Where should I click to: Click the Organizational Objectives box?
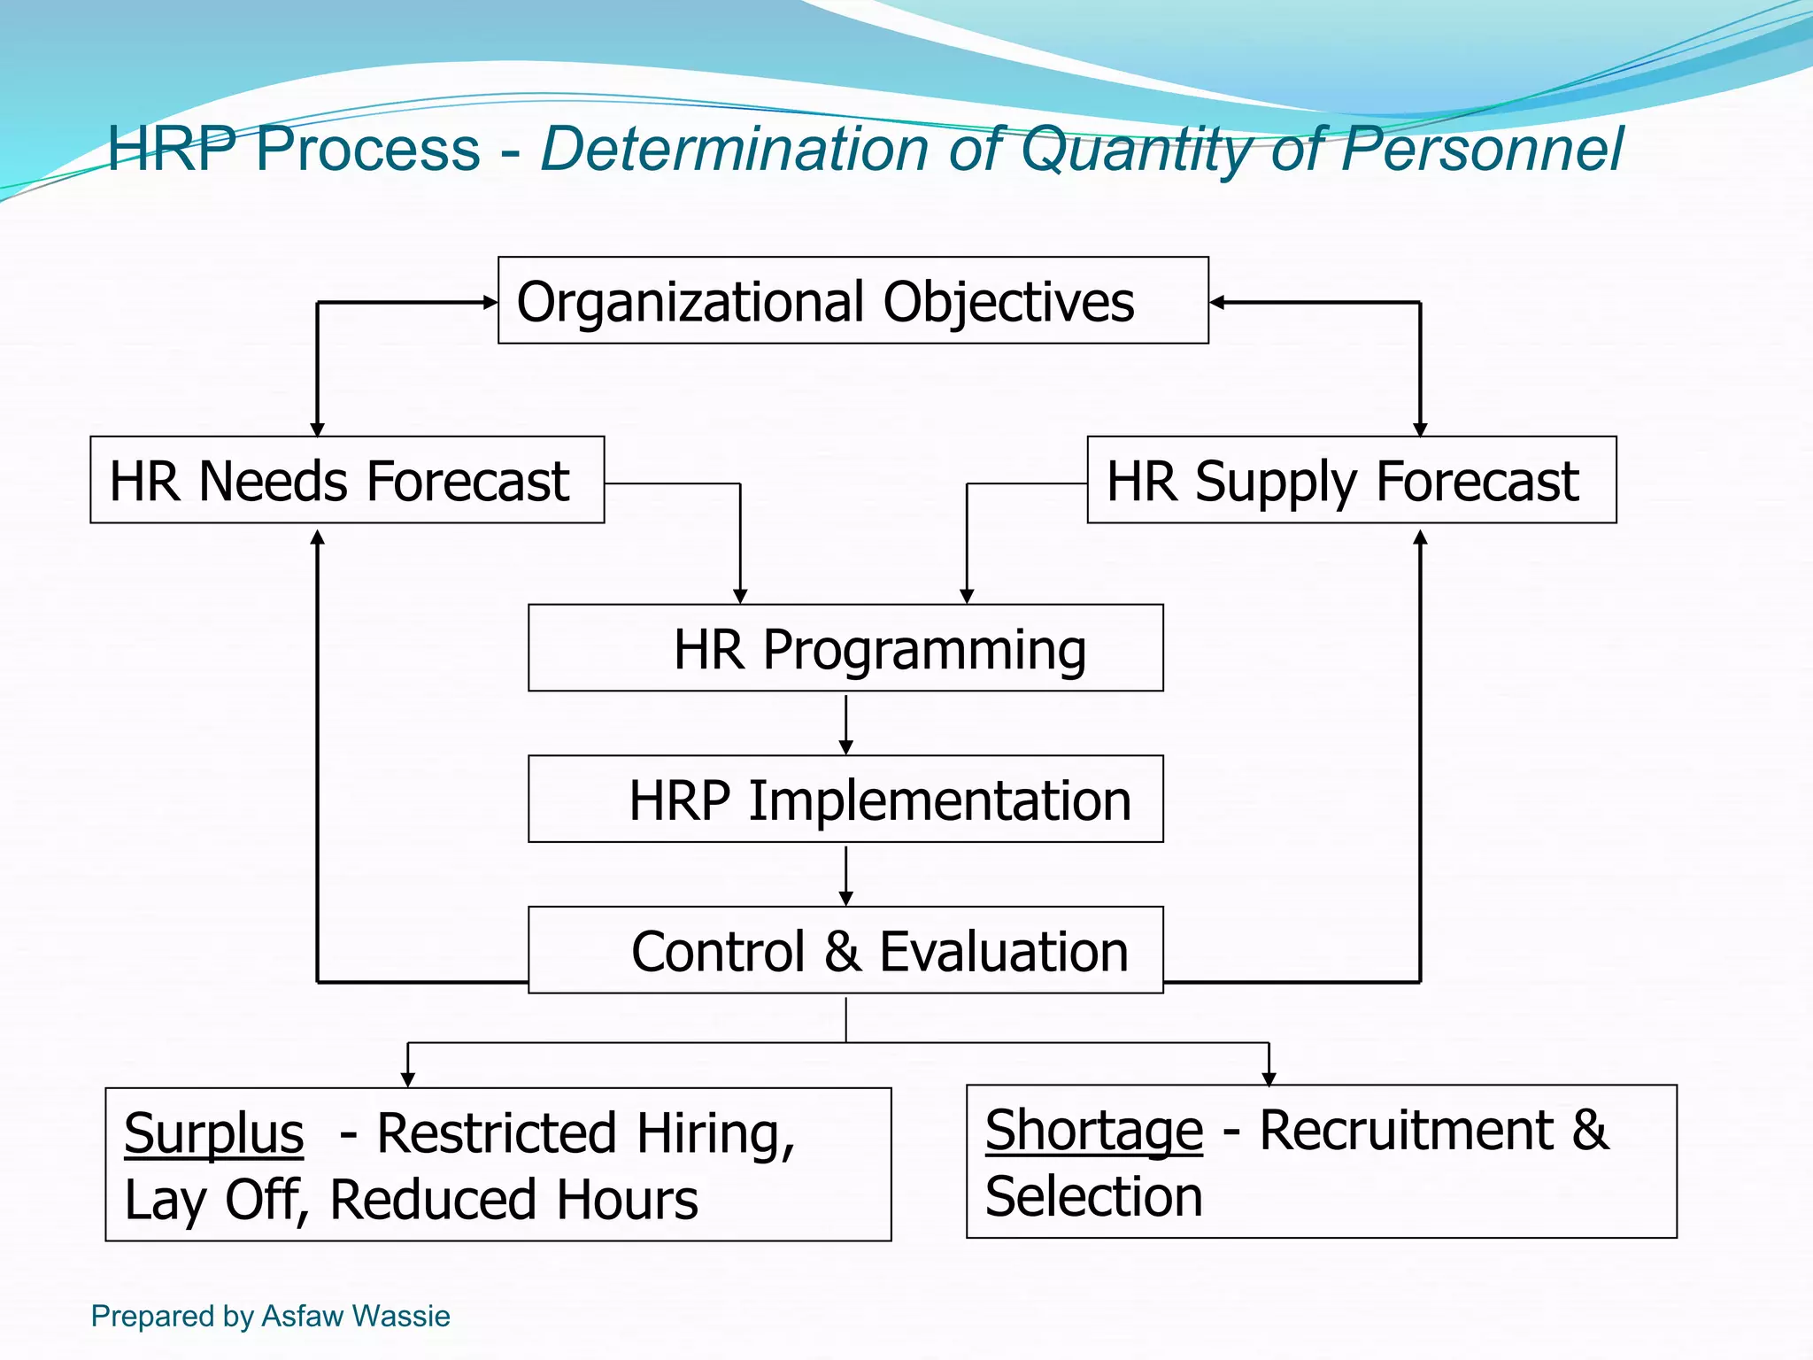[852, 301]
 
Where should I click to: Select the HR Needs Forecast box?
[347, 480]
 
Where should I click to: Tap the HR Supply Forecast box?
[1351, 480]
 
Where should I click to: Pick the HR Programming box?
[845, 648]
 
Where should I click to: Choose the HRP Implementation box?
[845, 799]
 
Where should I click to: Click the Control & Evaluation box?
[845, 950]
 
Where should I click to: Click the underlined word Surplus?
[213, 1133]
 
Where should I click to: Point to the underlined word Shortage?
[1093, 1131]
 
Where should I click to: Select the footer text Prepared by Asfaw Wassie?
[270, 1316]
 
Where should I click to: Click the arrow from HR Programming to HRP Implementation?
[845, 723]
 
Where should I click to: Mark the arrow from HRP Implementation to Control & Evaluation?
[845, 875]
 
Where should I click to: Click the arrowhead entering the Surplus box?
[407, 1079]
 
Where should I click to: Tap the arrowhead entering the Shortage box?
[1269, 1078]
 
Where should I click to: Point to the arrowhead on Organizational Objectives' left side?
[491, 302]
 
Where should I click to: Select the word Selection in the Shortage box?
[1093, 1197]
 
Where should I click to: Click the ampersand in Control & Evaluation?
[842, 952]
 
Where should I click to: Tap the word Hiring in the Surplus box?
[715, 1133]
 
